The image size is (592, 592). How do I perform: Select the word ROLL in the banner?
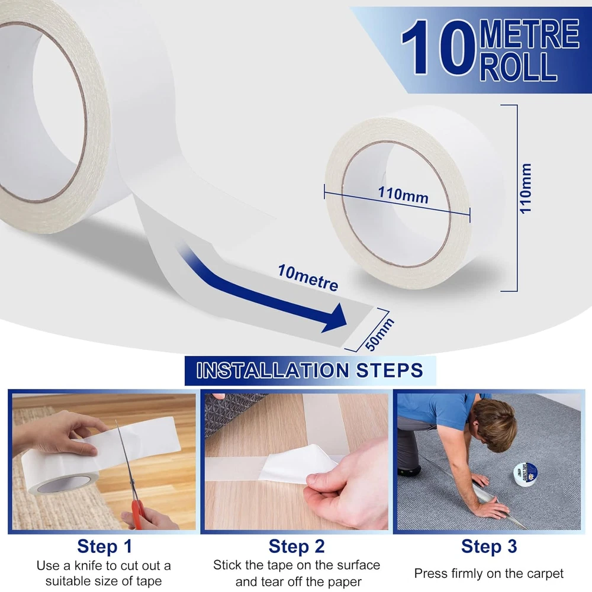pyautogui.click(x=519, y=66)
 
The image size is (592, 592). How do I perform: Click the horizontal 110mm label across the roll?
pyautogui.click(x=403, y=195)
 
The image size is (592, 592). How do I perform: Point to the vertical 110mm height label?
pyautogui.click(x=526, y=189)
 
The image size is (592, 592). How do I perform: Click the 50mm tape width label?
pyautogui.click(x=380, y=334)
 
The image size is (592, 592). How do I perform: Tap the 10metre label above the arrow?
pyautogui.click(x=308, y=278)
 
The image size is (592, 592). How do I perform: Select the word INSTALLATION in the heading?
pyautogui.click(x=272, y=370)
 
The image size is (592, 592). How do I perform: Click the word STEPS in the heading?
pyautogui.click(x=390, y=370)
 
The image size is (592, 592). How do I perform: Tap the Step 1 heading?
pyautogui.click(x=105, y=546)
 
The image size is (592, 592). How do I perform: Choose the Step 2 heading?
pyautogui.click(x=297, y=546)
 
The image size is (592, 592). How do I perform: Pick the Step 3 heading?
pyautogui.click(x=489, y=546)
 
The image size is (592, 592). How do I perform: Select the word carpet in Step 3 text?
pyautogui.click(x=544, y=574)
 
